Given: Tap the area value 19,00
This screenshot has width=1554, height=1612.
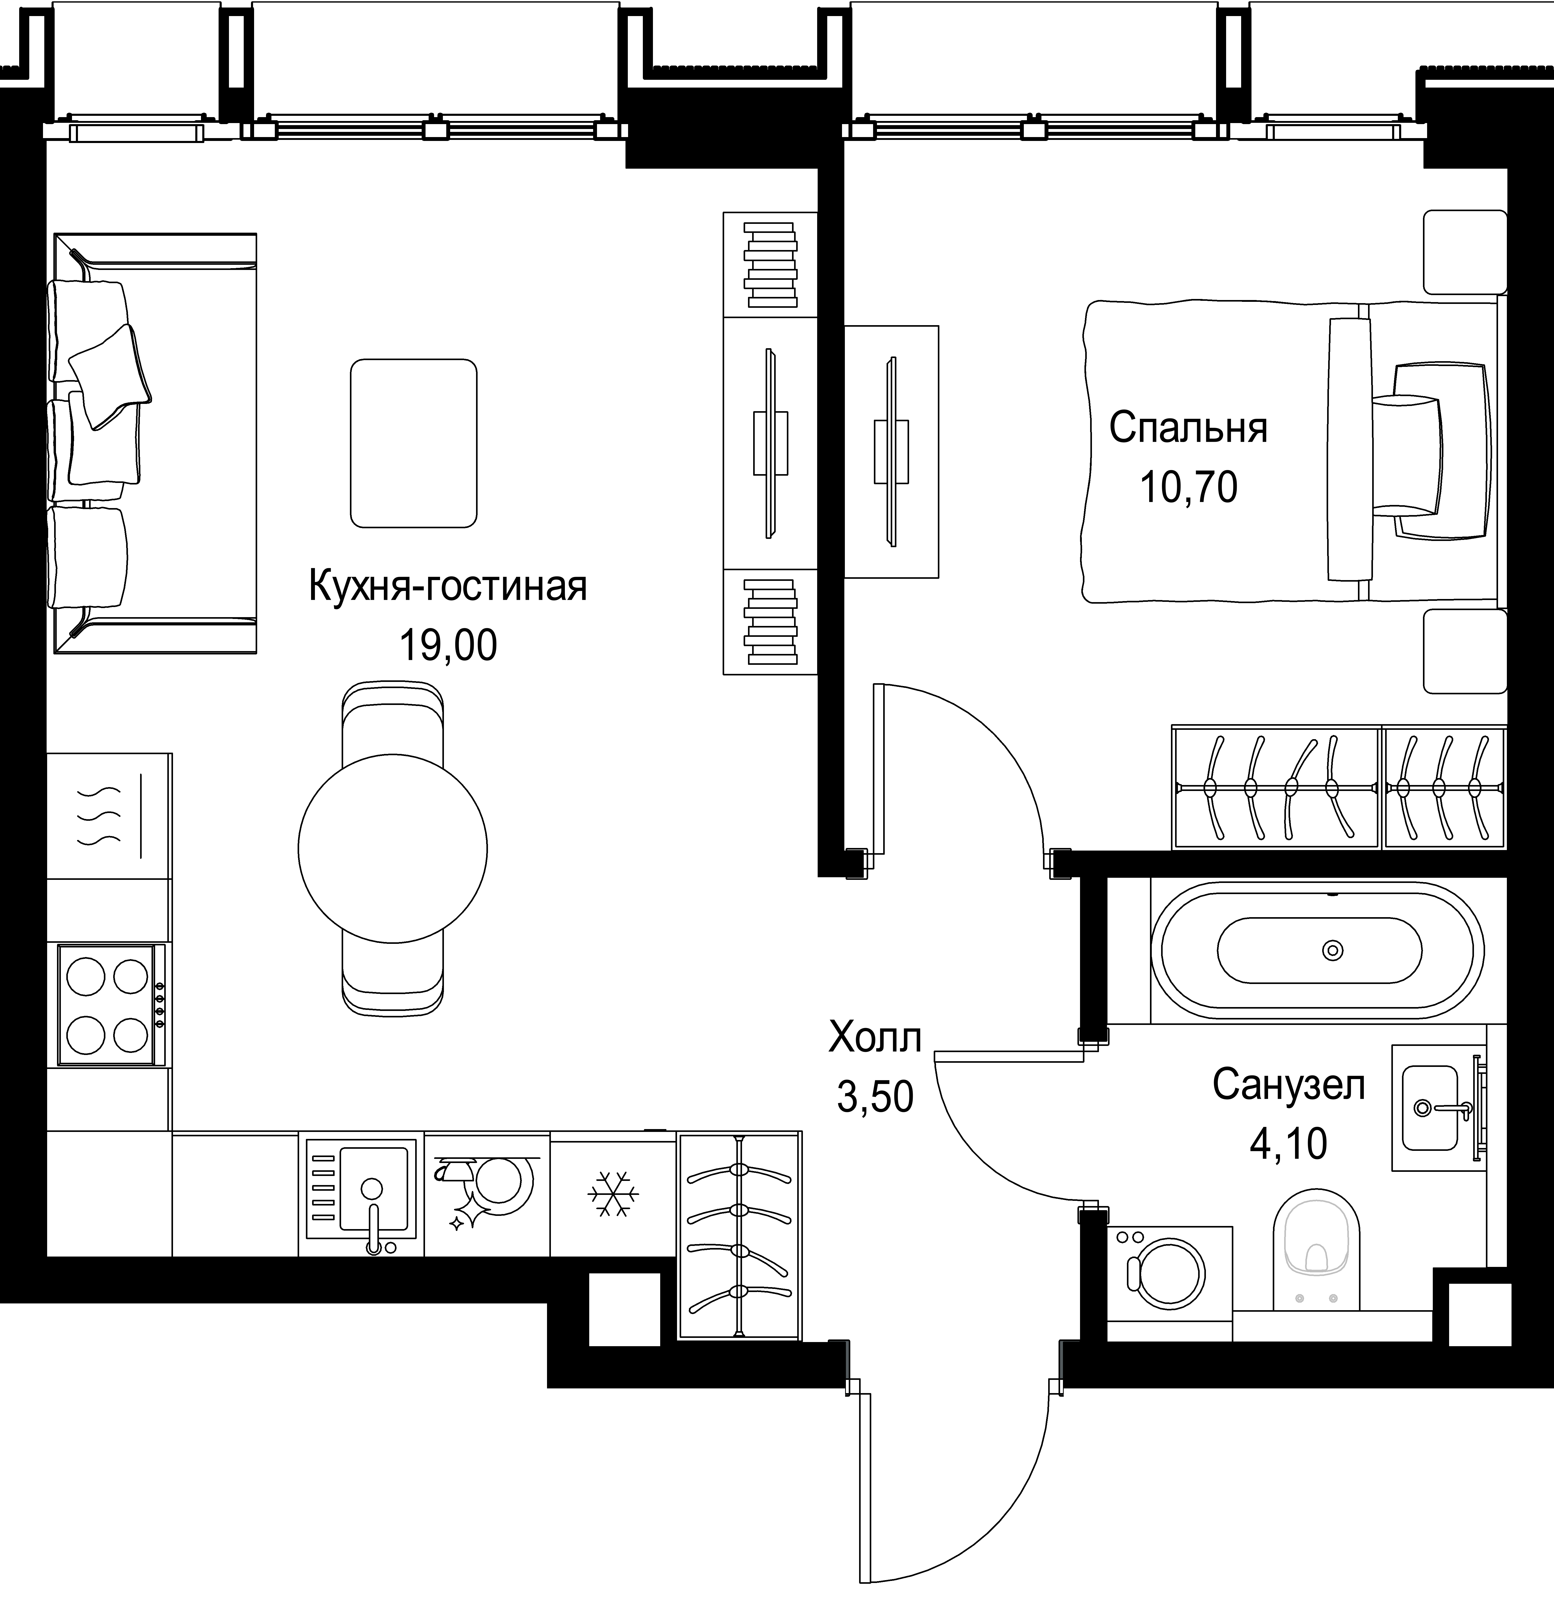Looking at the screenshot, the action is [x=448, y=646].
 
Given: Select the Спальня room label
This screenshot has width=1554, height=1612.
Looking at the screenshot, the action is [x=1188, y=429].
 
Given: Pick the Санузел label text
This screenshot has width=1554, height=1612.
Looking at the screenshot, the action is [x=1289, y=1086].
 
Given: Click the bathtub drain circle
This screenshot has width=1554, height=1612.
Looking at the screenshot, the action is [x=1332, y=951].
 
